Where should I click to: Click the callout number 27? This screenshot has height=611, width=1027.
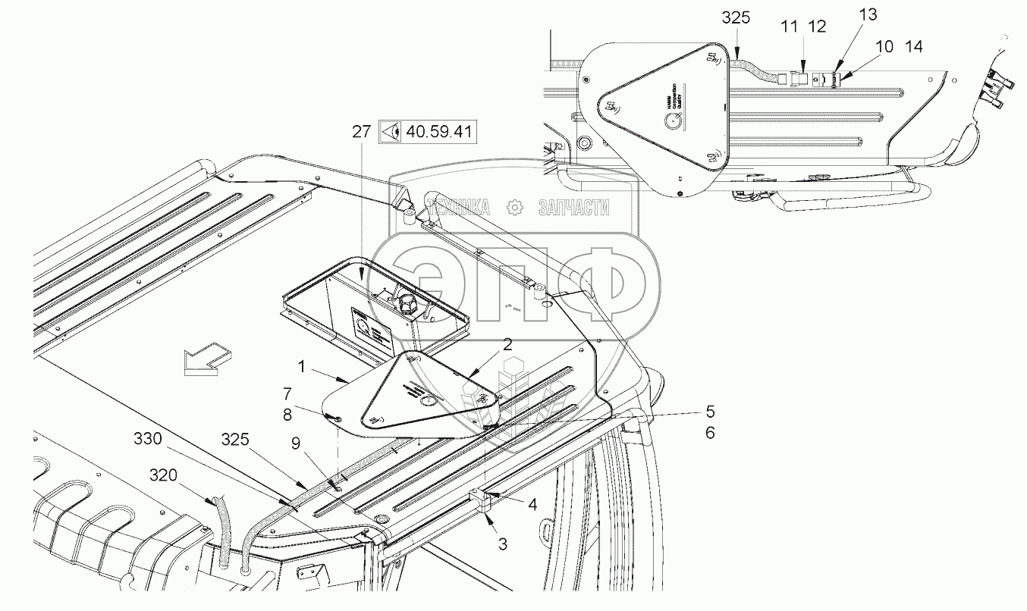pos(361,131)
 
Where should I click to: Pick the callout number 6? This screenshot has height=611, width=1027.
pos(709,433)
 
